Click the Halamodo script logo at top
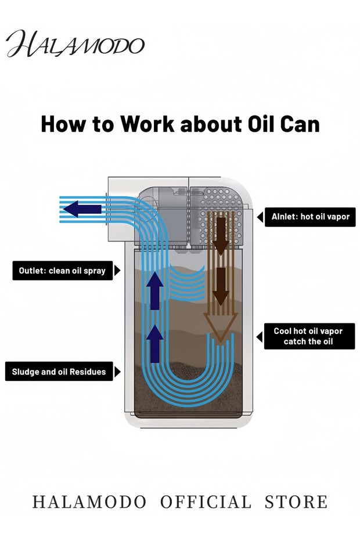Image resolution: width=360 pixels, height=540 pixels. point(75,44)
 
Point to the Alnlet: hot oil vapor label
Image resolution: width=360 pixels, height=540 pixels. point(309,217)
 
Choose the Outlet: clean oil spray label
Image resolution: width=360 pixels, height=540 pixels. point(62,271)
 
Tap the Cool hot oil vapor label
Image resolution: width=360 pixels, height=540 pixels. point(308,336)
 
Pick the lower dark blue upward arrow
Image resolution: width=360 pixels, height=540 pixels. point(154,343)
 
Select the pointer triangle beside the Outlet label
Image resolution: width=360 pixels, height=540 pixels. point(118,271)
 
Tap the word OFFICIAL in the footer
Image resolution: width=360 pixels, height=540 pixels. point(206,502)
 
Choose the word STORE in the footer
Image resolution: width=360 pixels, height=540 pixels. point(296,502)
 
